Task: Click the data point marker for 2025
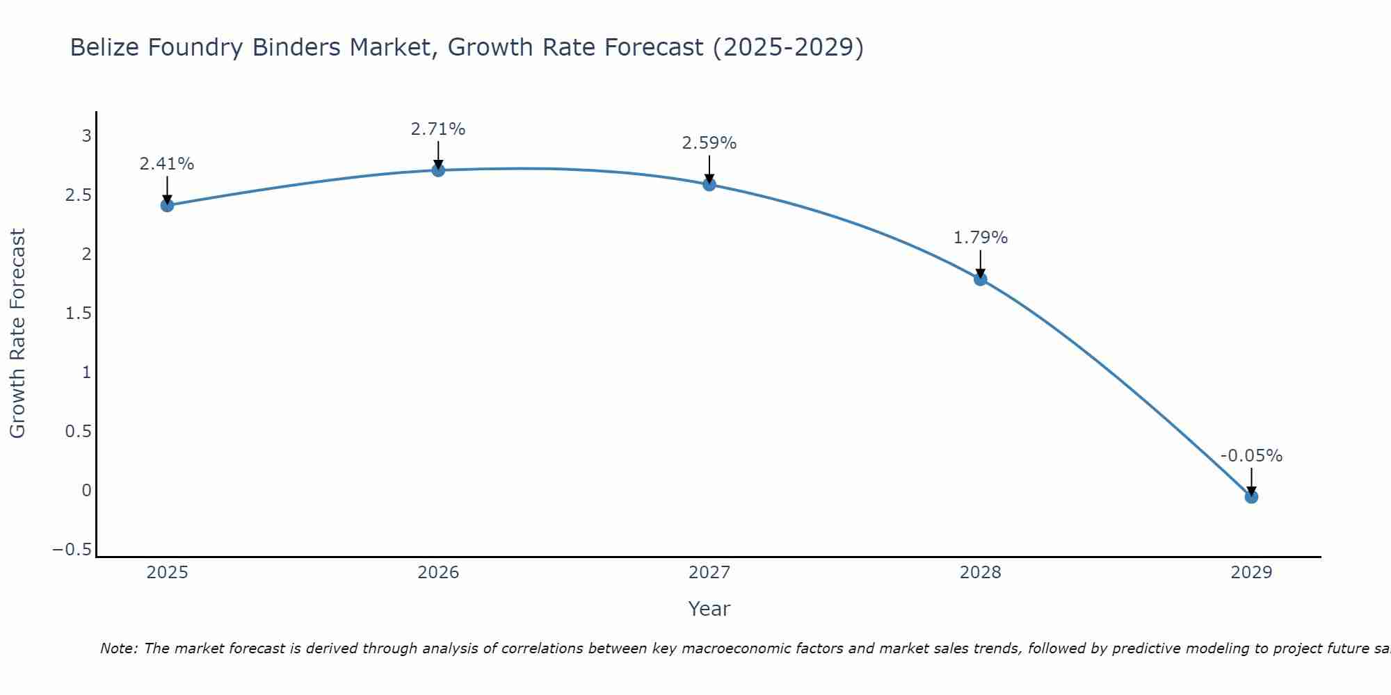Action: (x=167, y=205)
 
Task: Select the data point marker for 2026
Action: (x=438, y=170)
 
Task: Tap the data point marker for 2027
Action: (x=709, y=184)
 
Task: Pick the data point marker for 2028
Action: (x=980, y=279)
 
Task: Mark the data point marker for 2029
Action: (x=1251, y=496)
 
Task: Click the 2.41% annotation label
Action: (x=167, y=164)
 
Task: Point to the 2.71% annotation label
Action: (x=438, y=129)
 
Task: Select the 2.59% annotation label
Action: (x=709, y=143)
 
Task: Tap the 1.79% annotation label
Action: (x=980, y=238)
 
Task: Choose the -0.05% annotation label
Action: (x=1251, y=456)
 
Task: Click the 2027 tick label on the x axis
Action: (x=709, y=573)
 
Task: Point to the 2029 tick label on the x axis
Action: (x=1251, y=573)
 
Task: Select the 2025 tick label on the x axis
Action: (x=167, y=573)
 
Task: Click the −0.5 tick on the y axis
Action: (x=72, y=550)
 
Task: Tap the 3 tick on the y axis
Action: (x=87, y=136)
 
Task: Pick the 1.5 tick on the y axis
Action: (x=78, y=313)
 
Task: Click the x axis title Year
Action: (x=709, y=609)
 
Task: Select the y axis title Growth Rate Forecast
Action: (x=17, y=334)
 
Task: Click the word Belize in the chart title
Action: (x=108, y=47)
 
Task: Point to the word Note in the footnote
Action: (x=118, y=648)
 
